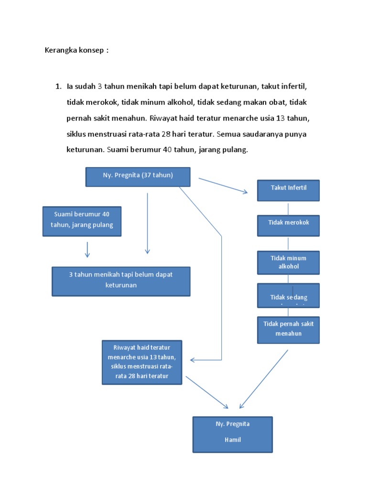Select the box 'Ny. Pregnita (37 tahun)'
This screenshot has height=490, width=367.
click(138, 176)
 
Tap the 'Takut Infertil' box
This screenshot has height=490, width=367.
click(288, 190)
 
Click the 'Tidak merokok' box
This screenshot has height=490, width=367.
click(288, 225)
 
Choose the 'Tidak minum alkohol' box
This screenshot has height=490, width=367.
click(288, 262)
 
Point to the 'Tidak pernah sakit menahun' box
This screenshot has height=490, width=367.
click(288, 329)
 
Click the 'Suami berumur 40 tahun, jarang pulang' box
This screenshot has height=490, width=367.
click(82, 221)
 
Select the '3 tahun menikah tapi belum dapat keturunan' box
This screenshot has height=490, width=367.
click(120, 281)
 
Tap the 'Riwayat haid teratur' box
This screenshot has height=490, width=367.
click(142, 362)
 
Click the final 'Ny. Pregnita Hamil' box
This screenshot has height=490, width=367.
click(232, 434)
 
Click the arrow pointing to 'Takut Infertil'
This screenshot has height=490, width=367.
click(223, 186)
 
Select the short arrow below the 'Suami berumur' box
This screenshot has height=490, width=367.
click(87, 249)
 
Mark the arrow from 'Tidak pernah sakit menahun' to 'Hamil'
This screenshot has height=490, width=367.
click(264, 379)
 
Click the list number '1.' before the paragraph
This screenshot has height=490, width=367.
click(58, 87)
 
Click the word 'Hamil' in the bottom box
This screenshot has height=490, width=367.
click(232, 440)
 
